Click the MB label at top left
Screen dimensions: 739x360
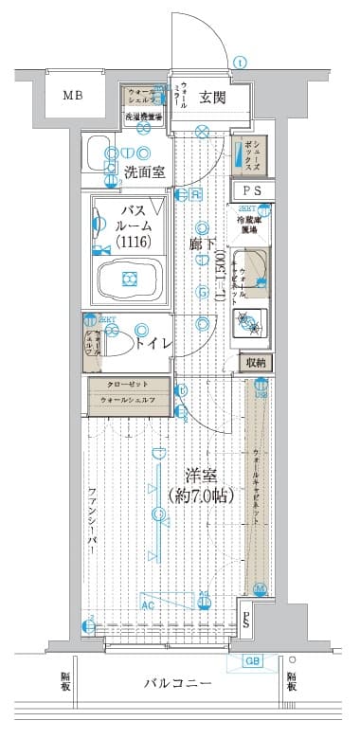(x=72, y=96)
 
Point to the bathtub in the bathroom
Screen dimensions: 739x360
(x=130, y=279)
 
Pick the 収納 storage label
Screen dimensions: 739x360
(x=255, y=362)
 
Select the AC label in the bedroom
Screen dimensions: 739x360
(x=148, y=604)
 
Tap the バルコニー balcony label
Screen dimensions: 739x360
(x=178, y=684)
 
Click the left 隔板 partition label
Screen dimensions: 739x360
(x=65, y=682)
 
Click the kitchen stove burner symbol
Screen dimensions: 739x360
(x=253, y=323)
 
